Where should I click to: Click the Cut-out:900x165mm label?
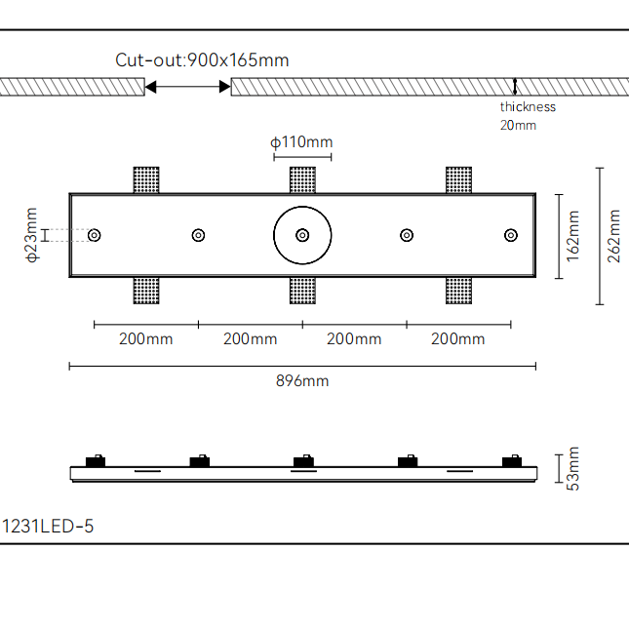[x=202, y=60]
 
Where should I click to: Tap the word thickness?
[x=528, y=107]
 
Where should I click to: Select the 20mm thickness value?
[x=518, y=125]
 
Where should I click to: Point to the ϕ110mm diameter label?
[x=301, y=142]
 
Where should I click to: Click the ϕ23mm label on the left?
[x=31, y=235]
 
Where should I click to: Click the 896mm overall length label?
[x=302, y=380]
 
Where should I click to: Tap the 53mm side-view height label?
[x=573, y=468]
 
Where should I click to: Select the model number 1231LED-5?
[x=48, y=527]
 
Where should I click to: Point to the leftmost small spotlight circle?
[x=95, y=235]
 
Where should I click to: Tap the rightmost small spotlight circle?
[x=510, y=235]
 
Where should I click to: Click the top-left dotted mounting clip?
[x=146, y=180]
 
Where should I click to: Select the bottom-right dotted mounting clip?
[x=458, y=291]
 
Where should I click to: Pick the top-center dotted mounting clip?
[x=302, y=180]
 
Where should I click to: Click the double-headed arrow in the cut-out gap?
[x=187, y=88]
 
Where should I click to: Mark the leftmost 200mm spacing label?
[x=145, y=339]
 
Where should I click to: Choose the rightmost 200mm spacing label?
[x=457, y=339]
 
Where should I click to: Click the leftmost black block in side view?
[x=96, y=461]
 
